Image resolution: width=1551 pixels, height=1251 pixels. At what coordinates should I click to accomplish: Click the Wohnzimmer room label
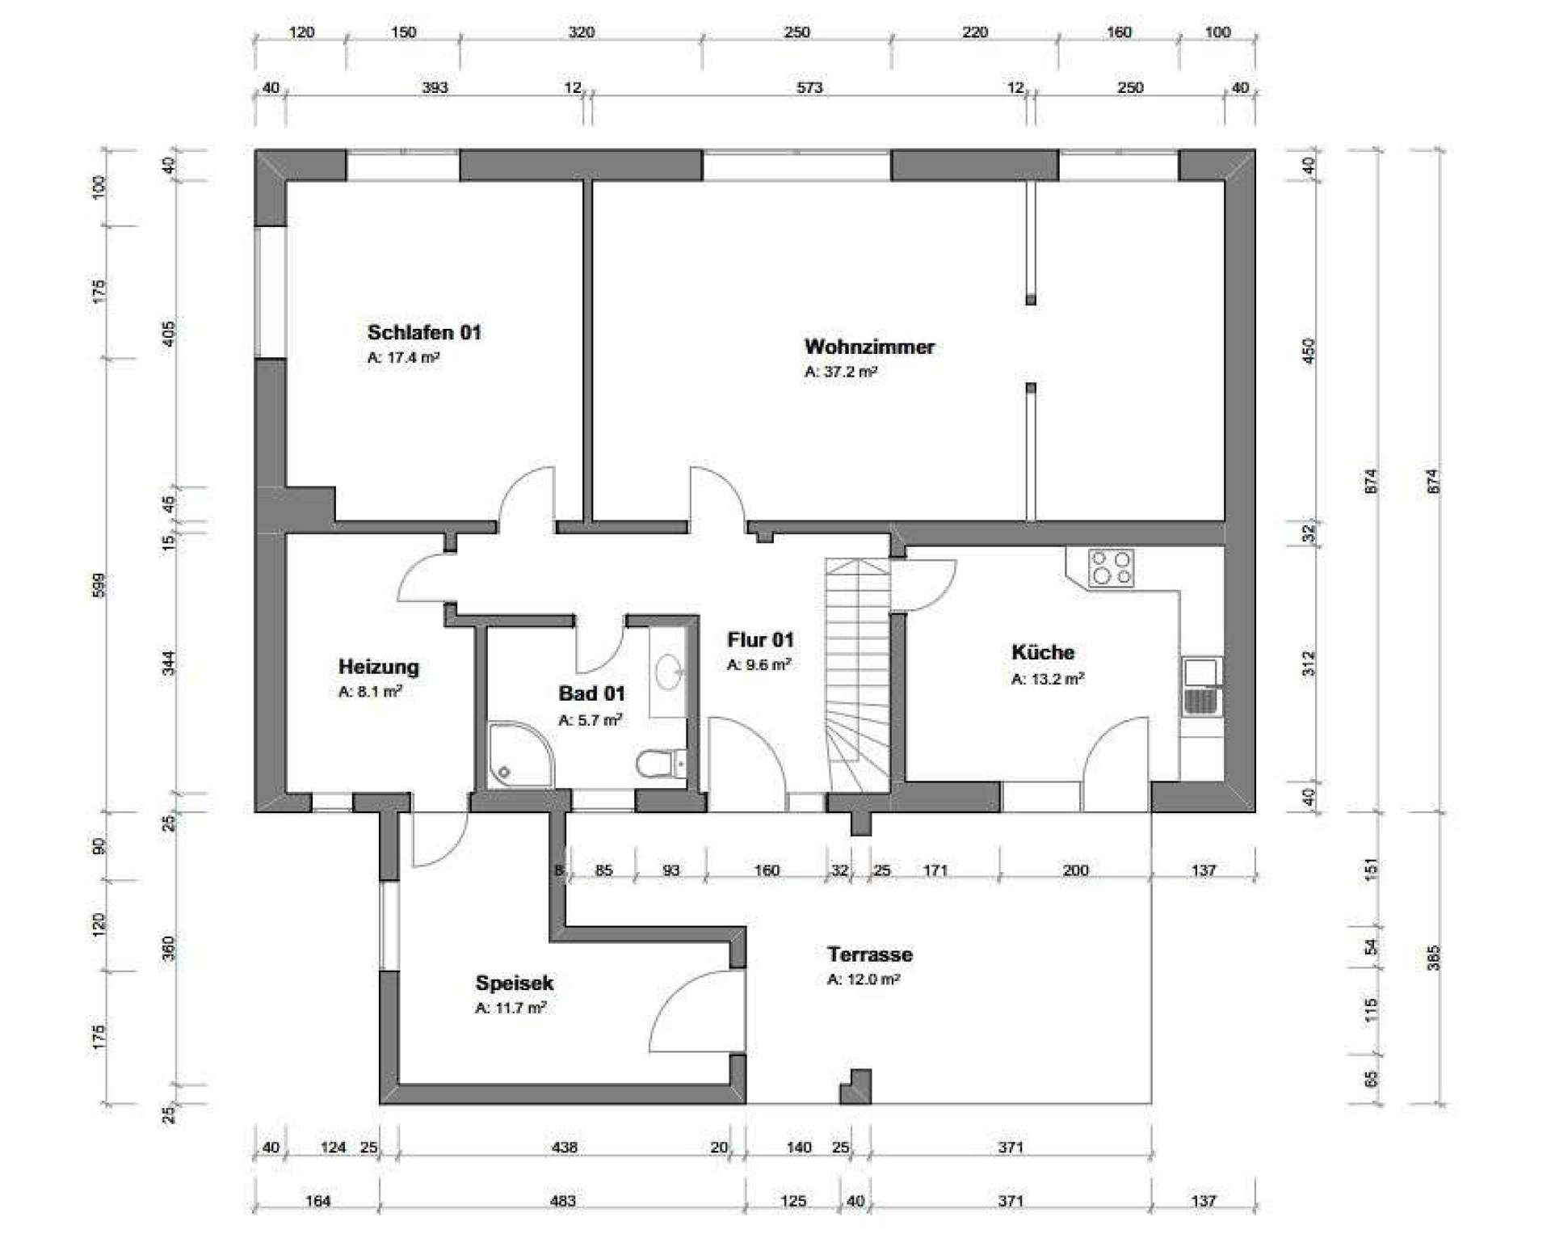pyautogui.click(x=869, y=347)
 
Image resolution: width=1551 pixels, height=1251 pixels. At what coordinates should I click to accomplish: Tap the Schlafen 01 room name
pyautogui.click(x=424, y=332)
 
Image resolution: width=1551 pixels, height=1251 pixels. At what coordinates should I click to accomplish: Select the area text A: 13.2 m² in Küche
pyautogui.click(x=1048, y=679)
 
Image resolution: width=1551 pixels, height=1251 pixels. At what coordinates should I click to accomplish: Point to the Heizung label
pyautogui.click(x=378, y=667)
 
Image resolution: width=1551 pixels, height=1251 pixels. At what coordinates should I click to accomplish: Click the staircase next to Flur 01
pyautogui.click(x=857, y=675)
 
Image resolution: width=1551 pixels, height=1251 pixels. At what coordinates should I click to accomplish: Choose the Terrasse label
pyautogui.click(x=869, y=954)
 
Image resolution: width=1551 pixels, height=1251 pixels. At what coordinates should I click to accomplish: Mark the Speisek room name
pyautogui.click(x=515, y=983)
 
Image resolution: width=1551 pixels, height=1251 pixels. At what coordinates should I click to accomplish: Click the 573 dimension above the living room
pyautogui.click(x=809, y=87)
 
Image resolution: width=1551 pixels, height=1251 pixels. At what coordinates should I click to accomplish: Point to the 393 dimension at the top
pyautogui.click(x=435, y=87)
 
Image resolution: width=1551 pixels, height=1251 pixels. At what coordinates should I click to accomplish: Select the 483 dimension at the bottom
pyautogui.click(x=562, y=1201)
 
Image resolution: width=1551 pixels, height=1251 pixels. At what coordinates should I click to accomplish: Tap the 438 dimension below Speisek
pyautogui.click(x=564, y=1147)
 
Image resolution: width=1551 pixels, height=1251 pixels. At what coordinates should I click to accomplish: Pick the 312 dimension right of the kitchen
pyautogui.click(x=1309, y=663)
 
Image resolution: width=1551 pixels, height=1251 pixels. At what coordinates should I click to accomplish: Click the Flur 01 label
pyautogui.click(x=760, y=640)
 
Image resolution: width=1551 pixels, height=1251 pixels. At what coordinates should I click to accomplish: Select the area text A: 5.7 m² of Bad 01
pyautogui.click(x=591, y=720)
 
